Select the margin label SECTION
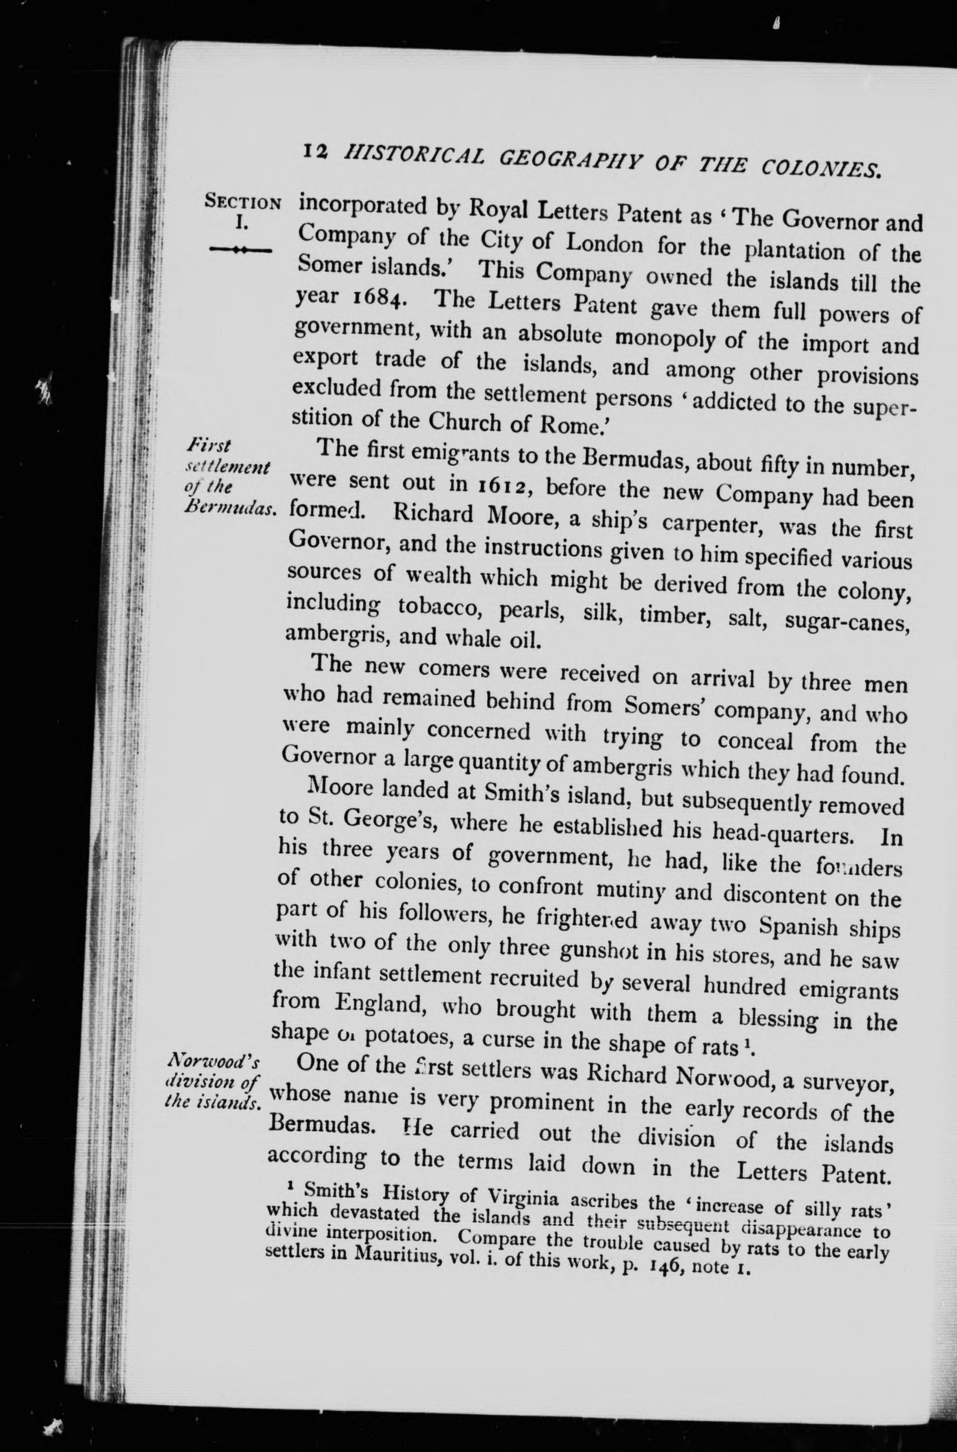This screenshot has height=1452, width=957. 243,202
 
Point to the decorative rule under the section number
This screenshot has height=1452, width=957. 240,250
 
